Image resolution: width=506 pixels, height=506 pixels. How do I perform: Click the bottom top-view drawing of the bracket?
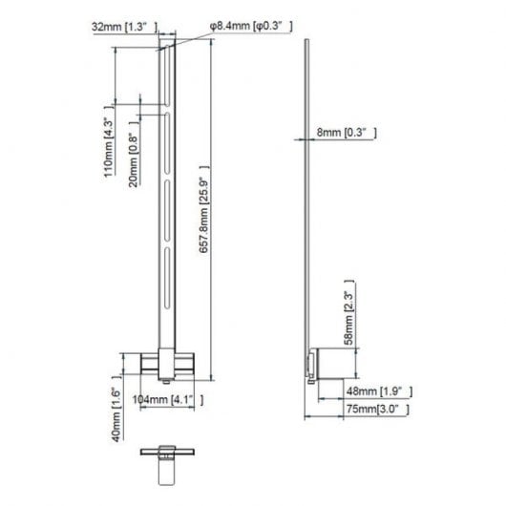click(x=167, y=459)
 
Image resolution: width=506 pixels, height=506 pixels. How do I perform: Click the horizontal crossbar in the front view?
click(x=167, y=364)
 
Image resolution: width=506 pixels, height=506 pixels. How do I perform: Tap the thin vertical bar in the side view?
click(x=306, y=191)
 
